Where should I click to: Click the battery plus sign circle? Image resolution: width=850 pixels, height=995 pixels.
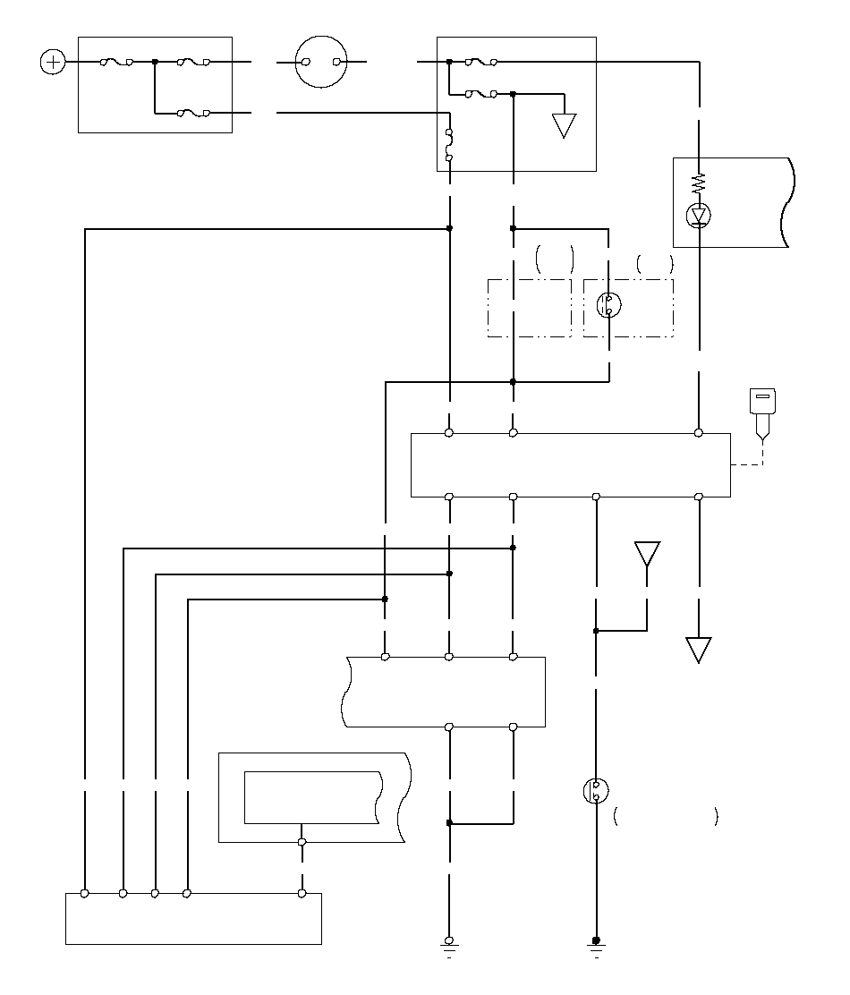54,62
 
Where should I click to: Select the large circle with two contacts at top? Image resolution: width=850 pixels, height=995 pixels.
322,62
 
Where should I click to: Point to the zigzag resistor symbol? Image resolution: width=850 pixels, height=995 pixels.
699,184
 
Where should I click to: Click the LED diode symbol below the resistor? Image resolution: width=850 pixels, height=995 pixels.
699,216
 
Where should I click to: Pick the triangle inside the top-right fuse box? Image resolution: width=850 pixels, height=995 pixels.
564,125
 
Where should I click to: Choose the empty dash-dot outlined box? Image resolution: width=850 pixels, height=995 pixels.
530,308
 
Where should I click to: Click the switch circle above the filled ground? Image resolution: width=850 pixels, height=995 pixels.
596,791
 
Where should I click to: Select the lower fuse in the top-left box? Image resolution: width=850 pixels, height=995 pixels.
193,113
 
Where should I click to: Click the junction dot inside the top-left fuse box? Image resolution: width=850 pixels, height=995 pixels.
155,62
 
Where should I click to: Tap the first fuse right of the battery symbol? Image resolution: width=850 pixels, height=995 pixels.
117,62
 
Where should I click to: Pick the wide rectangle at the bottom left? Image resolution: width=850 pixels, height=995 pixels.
193,918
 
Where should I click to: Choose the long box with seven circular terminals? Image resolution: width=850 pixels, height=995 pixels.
571,464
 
